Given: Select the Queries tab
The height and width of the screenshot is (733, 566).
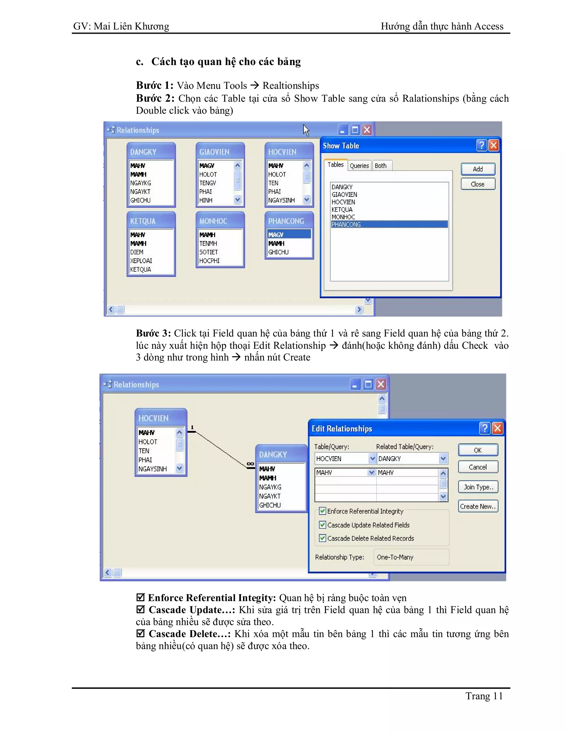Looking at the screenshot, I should [359, 166].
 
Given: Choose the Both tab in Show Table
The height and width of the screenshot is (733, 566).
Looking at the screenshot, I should [381, 166].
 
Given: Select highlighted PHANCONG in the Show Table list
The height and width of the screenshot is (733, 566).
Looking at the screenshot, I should [346, 225].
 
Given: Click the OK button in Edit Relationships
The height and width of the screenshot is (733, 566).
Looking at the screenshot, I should [478, 450].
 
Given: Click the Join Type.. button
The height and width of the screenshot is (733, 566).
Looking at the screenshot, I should [478, 487].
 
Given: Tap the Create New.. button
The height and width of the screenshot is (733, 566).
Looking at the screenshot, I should [478, 506].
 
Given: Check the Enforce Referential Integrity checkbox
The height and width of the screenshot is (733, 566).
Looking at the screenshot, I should [323, 511].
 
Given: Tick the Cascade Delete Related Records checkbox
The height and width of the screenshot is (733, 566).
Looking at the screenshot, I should [323, 538].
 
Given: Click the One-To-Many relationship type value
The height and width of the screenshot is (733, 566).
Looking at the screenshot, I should [395, 557].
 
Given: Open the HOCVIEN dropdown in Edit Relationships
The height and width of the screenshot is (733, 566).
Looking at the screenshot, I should [372, 458].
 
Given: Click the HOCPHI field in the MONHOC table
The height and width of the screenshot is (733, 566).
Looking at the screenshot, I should [209, 261].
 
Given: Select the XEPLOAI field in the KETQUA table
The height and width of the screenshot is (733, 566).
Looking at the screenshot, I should [141, 261].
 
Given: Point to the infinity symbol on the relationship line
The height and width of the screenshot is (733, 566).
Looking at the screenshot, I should [250, 464].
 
